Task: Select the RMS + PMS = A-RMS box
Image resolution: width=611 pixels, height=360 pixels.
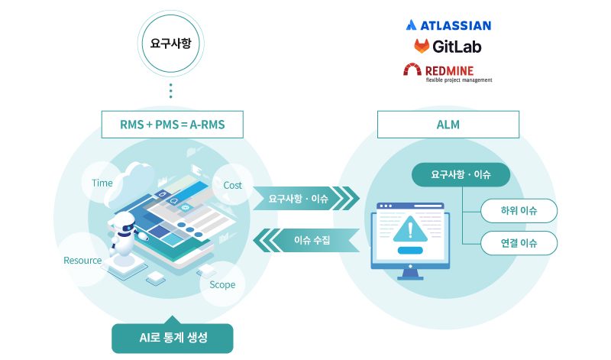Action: click(x=172, y=124)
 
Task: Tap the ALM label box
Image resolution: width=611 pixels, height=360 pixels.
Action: click(x=448, y=124)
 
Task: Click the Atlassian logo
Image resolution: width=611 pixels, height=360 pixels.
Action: click(x=448, y=25)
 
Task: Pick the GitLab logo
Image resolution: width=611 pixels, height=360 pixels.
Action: click(x=448, y=47)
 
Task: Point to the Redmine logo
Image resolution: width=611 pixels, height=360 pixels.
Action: click(x=448, y=72)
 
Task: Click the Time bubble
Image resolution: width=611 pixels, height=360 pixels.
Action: click(x=102, y=183)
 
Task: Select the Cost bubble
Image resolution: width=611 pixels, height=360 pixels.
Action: click(x=232, y=185)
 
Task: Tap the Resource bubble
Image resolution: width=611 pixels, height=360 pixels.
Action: click(x=82, y=261)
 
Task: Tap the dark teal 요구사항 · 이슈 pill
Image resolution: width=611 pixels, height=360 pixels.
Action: click(x=461, y=175)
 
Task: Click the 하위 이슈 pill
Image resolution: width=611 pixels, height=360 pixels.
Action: click(x=519, y=210)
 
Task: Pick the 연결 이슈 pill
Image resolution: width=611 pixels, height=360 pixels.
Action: click(x=519, y=244)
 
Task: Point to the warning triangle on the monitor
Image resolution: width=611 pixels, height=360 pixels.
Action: click(x=410, y=228)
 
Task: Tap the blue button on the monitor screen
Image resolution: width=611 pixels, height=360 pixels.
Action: click(x=410, y=250)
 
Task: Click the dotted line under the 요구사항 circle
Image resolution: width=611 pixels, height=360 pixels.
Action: click(x=171, y=90)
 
